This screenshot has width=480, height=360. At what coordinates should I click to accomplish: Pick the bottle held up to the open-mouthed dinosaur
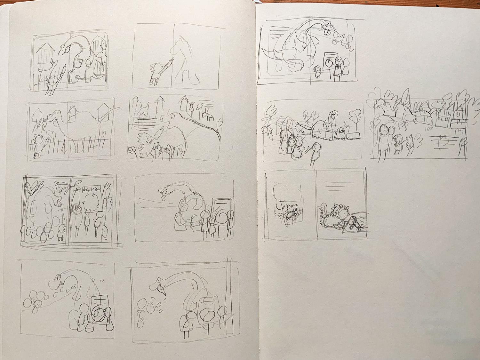pos(160,130)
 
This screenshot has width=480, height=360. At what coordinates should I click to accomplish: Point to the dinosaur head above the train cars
pos(332,114)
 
